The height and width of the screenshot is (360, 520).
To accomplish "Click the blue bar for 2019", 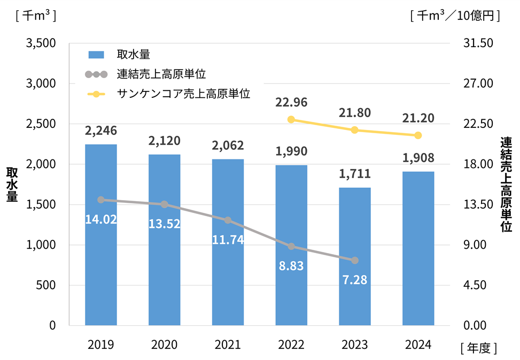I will [101, 235].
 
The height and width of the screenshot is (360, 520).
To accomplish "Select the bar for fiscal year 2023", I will [355, 257].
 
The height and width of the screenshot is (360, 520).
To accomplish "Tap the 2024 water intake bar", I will [418, 249].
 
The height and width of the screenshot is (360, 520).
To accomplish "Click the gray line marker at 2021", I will [228, 220].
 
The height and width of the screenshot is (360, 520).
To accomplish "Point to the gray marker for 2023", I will [355, 261].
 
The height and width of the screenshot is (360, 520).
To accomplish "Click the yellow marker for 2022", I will [291, 119].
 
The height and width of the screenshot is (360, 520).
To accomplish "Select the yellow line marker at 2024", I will [418, 135].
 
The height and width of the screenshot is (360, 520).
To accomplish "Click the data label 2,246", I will [101, 131].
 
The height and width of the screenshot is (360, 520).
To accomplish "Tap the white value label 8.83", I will [291, 266].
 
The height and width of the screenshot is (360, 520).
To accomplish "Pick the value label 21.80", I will [355, 113].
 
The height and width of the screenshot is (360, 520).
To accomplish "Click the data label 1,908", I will [418, 158].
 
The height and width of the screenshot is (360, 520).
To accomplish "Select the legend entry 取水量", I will [133, 55].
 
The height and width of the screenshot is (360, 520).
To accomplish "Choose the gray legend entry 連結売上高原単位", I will [161, 74].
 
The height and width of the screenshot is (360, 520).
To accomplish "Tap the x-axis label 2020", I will [164, 346].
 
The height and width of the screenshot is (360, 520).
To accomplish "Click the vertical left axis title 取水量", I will [12, 185].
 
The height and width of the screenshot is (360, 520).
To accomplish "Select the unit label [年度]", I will [479, 348].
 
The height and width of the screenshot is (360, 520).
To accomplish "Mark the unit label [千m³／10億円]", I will [455, 16].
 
